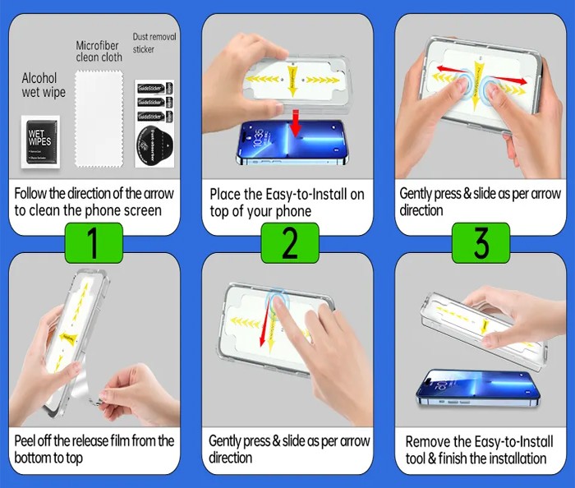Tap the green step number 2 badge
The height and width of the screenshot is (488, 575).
tap(289, 243)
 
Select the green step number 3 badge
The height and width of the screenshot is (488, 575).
tap(481, 243)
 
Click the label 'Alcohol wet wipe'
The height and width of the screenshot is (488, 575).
tap(42, 85)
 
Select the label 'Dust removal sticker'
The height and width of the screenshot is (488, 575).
tap(154, 43)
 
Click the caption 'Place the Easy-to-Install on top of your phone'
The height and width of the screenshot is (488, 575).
tap(287, 203)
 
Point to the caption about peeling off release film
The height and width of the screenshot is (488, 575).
tap(94, 449)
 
